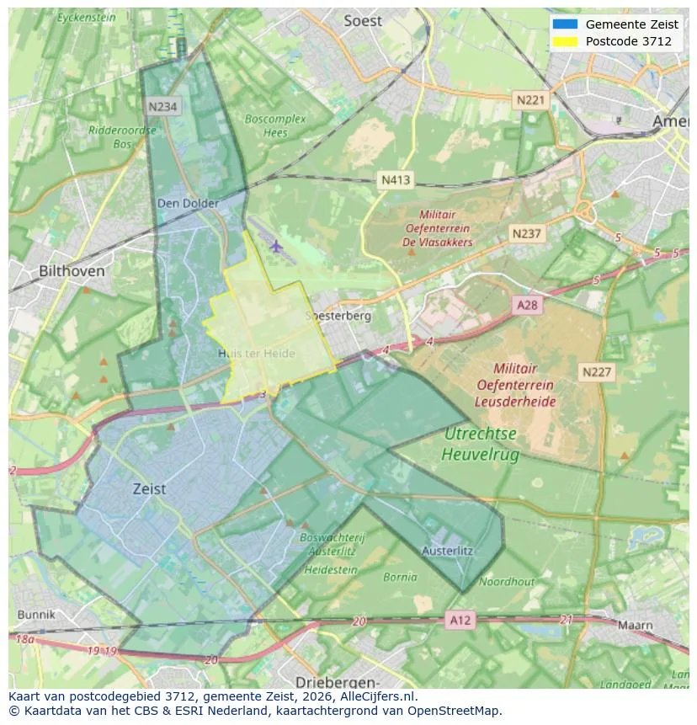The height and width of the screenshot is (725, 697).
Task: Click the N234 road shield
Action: coord(163,106)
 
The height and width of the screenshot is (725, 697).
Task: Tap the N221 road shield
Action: coord(530,100)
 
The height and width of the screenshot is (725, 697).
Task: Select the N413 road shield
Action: coord(396,179)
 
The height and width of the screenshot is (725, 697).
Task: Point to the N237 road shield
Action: coord(527,233)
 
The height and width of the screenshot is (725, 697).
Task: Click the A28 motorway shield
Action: coord(527,306)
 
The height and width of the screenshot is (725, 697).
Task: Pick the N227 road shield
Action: coord(597,371)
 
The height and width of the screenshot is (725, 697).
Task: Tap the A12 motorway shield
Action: coord(460,620)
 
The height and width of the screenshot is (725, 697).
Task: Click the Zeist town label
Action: coord(149,488)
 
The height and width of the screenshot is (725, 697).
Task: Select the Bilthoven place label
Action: coord(72,271)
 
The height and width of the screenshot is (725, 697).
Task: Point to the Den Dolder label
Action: coord(188,203)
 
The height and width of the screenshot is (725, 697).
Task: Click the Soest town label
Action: coord(363,21)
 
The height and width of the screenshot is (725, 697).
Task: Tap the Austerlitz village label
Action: coord(447,551)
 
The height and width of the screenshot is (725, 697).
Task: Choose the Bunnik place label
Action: coord(35,615)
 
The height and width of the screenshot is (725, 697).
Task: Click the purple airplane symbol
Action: coord(276,246)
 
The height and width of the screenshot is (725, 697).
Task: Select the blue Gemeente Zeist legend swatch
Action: coord(566,24)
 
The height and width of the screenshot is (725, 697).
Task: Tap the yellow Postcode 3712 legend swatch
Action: coord(566,41)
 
